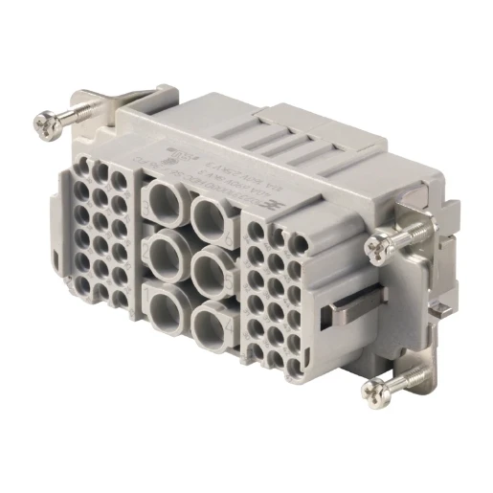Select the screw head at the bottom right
[375, 390]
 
